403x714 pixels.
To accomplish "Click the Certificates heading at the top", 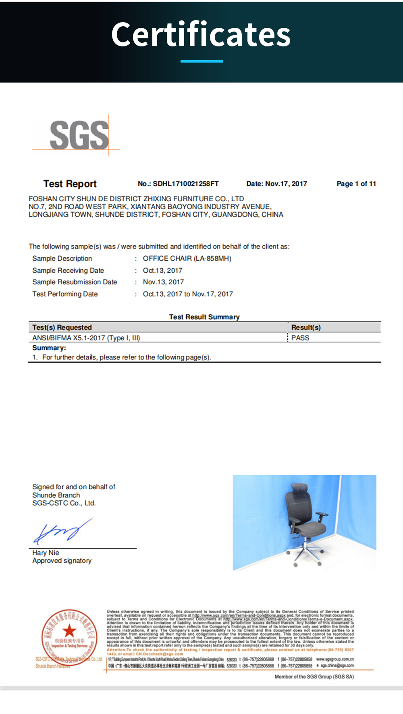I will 201,35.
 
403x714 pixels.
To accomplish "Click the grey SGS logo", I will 79,135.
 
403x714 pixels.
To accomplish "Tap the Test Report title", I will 70,184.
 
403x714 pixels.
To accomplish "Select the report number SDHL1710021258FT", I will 185,184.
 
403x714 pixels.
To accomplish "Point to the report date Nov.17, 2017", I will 286,184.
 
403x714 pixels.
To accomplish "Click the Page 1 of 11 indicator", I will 356,184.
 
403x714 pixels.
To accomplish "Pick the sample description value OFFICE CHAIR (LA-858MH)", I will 187,259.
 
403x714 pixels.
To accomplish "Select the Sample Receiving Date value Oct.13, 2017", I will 162,271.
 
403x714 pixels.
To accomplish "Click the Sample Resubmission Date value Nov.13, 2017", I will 163,282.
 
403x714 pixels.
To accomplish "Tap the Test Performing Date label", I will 65,294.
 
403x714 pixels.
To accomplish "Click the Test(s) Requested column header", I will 62,328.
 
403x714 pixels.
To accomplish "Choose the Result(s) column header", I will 306,328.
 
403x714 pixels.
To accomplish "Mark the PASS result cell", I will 300,338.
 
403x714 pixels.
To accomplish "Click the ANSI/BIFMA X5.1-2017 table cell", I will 86,338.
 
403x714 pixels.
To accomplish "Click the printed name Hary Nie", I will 46,553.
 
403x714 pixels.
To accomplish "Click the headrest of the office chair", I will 300,489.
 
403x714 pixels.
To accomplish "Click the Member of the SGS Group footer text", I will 314,676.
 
